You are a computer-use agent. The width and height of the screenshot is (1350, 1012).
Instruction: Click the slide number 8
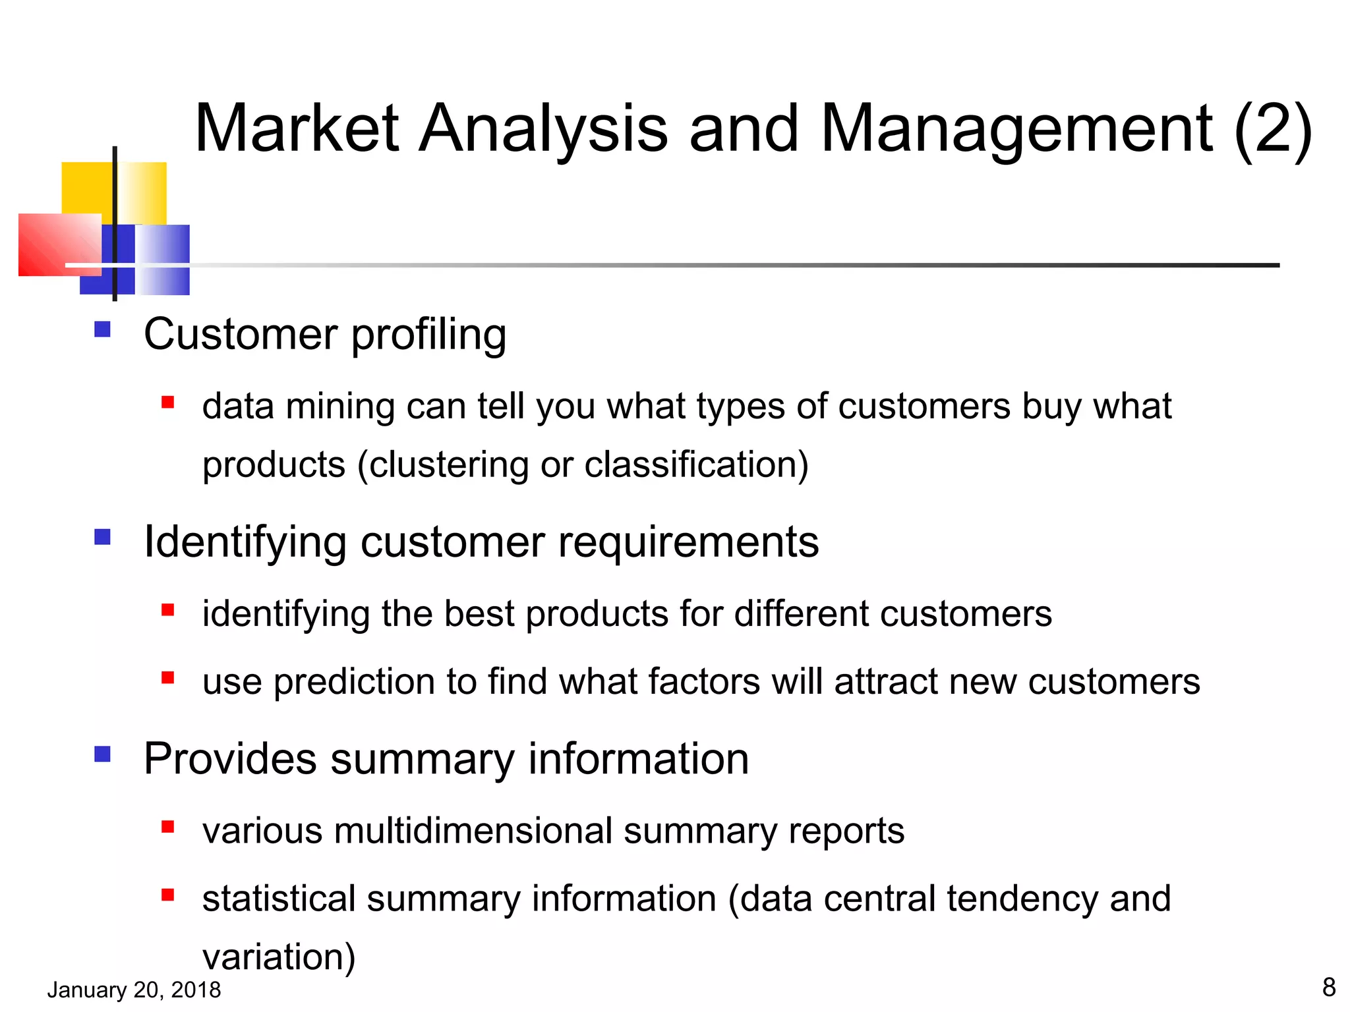(1328, 987)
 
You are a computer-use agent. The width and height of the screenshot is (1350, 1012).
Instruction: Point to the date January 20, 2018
(134, 990)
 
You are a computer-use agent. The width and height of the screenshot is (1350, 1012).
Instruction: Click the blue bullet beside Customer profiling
(102, 329)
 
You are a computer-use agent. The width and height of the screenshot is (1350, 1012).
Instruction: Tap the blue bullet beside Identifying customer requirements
(102, 537)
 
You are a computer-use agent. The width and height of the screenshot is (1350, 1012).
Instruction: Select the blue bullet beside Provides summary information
(102, 754)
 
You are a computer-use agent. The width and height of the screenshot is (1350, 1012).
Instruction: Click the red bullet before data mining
(167, 402)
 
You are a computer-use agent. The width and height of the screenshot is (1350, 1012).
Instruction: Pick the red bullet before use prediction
(167, 677)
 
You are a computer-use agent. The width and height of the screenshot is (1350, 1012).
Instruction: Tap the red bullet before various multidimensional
(167, 827)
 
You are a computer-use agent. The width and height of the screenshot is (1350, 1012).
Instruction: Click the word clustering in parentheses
(448, 464)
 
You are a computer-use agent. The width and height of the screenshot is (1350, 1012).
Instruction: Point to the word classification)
(696, 464)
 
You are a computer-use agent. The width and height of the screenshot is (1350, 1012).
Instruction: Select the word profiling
(428, 335)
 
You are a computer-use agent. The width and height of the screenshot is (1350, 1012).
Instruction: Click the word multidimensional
(473, 830)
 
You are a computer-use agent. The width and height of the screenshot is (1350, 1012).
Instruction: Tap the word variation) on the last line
(278, 957)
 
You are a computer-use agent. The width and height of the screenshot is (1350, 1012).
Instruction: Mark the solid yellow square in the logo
(87, 188)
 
